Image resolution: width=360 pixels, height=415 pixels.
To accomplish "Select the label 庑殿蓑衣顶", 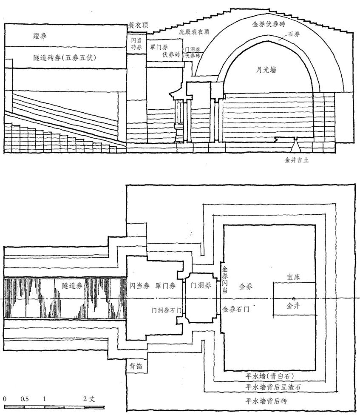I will [x=194, y=32].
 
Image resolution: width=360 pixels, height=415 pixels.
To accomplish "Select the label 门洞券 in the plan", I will [x=201, y=286].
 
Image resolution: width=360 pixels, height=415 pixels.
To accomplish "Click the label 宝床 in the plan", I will [x=294, y=277].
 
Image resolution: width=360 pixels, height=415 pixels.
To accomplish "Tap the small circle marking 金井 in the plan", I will [x=293, y=299].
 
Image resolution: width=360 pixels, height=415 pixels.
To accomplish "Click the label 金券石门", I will [x=236, y=309].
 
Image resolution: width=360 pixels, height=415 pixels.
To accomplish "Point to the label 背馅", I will [x=136, y=366].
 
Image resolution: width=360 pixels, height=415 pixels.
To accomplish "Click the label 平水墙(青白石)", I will [x=270, y=376].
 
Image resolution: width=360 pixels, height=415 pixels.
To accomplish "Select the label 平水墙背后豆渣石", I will [x=273, y=387].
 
